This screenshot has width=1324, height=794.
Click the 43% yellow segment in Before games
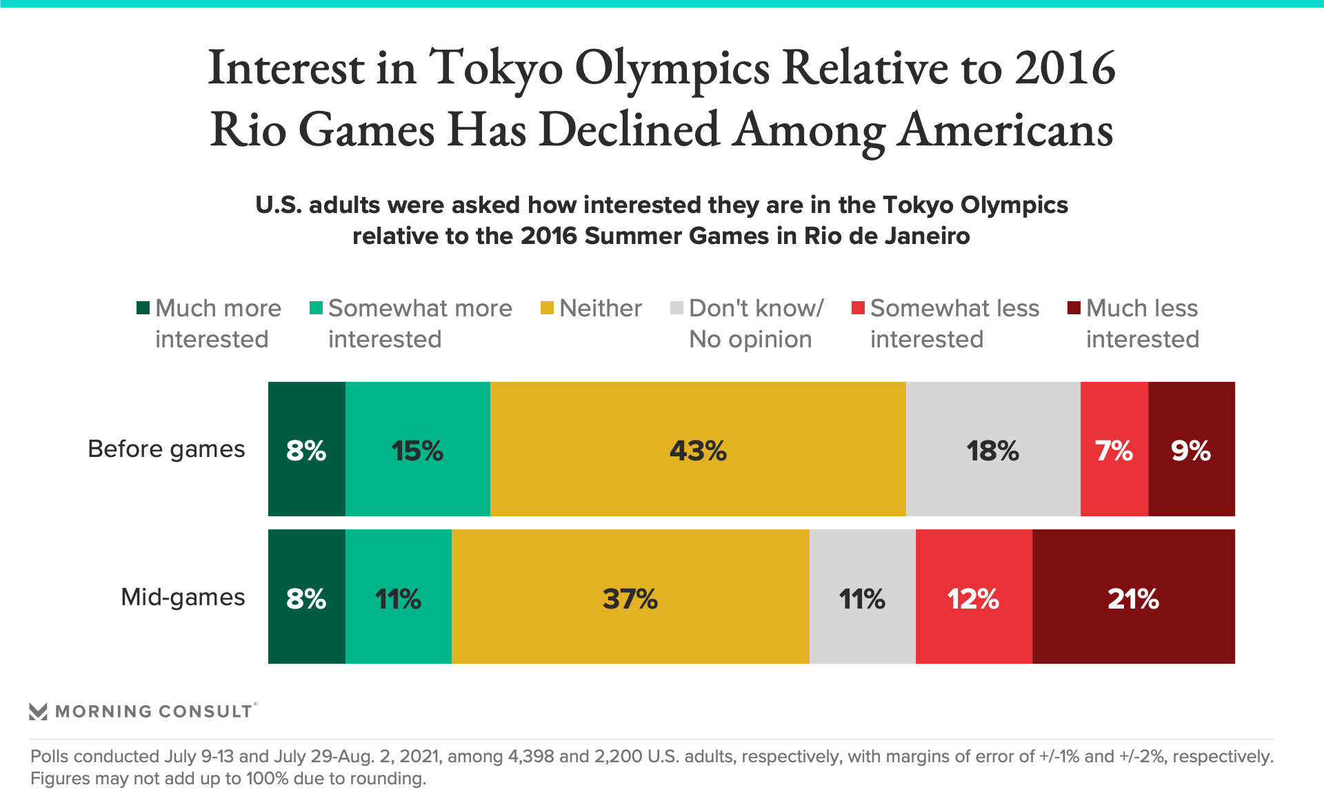(x=698, y=449)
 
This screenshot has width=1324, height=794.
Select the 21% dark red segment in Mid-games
(x=1133, y=597)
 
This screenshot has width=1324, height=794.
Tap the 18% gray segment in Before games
(x=993, y=449)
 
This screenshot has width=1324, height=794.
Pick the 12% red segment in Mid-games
(x=974, y=597)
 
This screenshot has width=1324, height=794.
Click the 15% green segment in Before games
(x=418, y=449)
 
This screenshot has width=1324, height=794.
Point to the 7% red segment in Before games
(x=1114, y=449)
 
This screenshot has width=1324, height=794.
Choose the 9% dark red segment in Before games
(x=1192, y=449)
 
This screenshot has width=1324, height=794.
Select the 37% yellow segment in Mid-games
(x=630, y=597)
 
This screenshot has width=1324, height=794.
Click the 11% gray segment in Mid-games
(x=863, y=597)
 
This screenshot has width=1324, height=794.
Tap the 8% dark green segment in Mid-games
(x=307, y=597)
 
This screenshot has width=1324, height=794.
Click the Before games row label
(x=166, y=449)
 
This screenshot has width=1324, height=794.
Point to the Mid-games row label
(x=183, y=597)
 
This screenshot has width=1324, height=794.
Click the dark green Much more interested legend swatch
(x=143, y=308)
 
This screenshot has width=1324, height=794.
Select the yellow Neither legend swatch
(x=547, y=308)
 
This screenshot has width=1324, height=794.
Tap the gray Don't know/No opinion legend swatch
(x=676, y=308)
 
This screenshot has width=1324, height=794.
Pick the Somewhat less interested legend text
(x=954, y=323)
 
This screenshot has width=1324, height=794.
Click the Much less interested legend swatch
(x=1074, y=308)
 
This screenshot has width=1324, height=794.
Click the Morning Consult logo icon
(x=39, y=711)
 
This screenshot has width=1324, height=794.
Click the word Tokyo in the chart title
(x=496, y=68)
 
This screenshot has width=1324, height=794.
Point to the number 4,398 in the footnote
(x=531, y=756)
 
